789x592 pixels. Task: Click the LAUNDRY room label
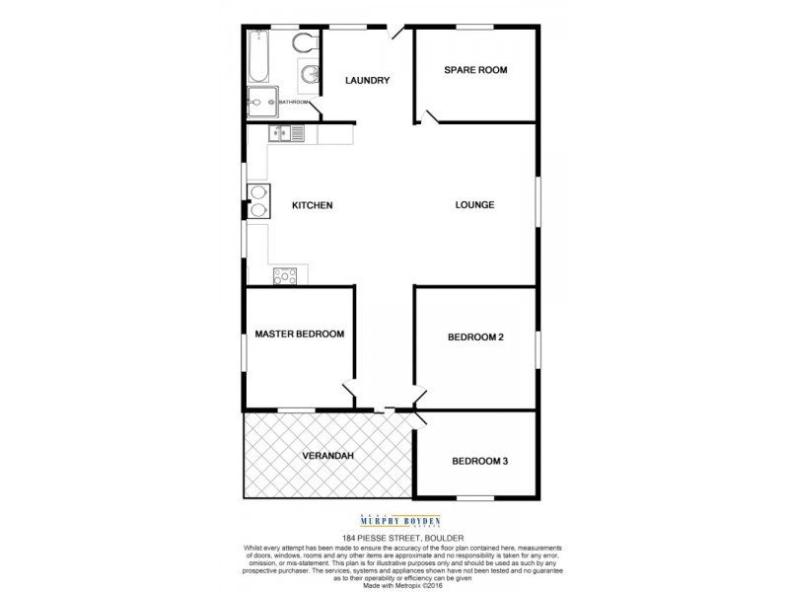coord(368,81)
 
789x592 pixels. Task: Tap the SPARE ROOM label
coord(475,70)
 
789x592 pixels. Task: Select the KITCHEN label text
coord(313,206)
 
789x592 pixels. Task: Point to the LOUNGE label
coord(474,205)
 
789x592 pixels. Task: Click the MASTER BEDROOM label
coord(299,334)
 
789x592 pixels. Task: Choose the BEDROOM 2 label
coord(475,337)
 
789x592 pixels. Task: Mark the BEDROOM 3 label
coord(479,461)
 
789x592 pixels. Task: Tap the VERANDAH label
coord(326,456)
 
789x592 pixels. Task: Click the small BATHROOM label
coord(294,102)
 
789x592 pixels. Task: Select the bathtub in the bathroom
coord(259,57)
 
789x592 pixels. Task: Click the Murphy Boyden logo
coord(394,521)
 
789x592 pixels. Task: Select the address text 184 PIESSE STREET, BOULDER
coord(394,538)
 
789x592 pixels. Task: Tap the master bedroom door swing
coord(349,395)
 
